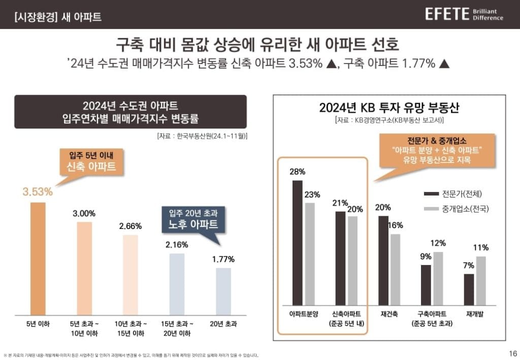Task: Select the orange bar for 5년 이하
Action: coord(38,258)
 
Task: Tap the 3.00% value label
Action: coord(84,213)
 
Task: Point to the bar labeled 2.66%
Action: coord(131,275)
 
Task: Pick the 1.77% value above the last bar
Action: coord(223,259)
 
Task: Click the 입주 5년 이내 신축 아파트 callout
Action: coord(89,161)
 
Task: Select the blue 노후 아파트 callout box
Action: coord(194,219)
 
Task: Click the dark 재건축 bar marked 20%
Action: coord(383,259)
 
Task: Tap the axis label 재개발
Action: coord(475,314)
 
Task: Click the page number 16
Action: coord(512,353)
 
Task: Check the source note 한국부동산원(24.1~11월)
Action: coord(202,136)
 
